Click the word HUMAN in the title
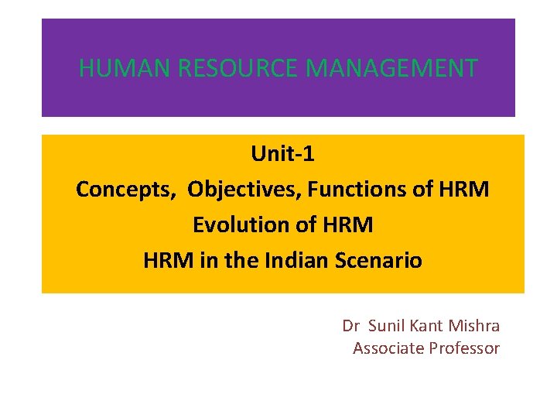coord(125,68)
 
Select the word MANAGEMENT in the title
coord(392,68)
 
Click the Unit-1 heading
coord(282,154)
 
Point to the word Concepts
coord(126,189)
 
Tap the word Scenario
coord(379,260)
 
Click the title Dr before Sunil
coord(351,326)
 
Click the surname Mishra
coord(474,326)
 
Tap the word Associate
coord(389,348)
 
